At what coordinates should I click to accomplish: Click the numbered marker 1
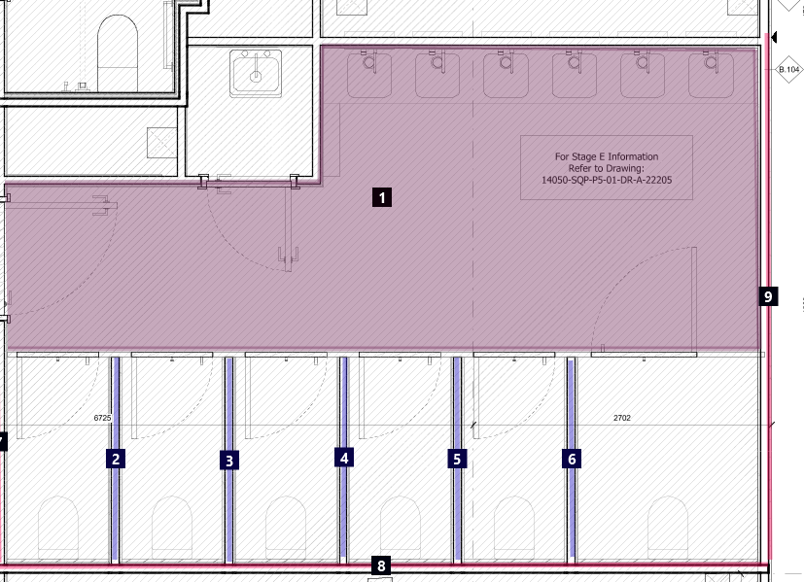point(382,197)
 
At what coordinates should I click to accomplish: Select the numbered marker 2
point(116,459)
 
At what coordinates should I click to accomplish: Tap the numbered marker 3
point(229,461)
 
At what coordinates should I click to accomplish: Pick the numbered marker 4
point(344,458)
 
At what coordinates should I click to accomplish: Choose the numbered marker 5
point(457,459)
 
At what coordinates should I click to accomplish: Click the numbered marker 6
point(572,458)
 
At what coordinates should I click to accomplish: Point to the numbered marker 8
point(381,565)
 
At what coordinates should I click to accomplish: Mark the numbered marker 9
point(768,296)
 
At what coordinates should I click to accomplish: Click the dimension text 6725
point(102,418)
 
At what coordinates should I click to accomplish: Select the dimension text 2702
point(622,418)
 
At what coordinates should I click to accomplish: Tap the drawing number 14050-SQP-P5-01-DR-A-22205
point(607,180)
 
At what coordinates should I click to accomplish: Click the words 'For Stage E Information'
point(607,156)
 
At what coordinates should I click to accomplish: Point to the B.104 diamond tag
point(788,69)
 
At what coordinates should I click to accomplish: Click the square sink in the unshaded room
point(256,73)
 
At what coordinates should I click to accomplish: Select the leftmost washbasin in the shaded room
point(369,74)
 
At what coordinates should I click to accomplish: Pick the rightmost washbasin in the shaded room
point(711,74)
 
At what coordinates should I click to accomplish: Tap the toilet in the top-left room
point(118,53)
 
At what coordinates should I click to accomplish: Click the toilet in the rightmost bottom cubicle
point(668,528)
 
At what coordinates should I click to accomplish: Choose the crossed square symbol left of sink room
point(162,143)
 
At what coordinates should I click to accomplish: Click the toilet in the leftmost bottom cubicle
point(58,528)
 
